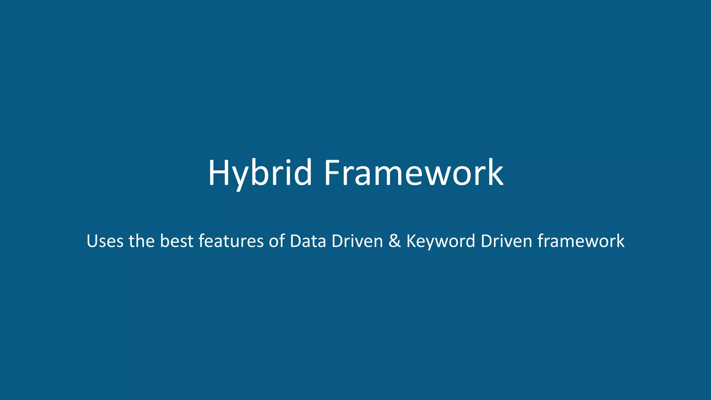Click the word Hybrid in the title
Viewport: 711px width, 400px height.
click(x=260, y=173)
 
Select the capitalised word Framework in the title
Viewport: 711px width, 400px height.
click(x=413, y=173)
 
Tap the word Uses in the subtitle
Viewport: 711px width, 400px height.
click(x=105, y=241)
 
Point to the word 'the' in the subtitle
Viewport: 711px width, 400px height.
click(x=142, y=241)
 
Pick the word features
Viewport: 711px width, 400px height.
click(x=231, y=241)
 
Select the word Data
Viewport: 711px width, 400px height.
click(x=308, y=241)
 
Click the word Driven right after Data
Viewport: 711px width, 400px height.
click(x=357, y=241)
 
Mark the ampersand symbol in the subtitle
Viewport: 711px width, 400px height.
click(x=395, y=241)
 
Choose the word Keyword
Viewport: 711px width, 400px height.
click(x=441, y=241)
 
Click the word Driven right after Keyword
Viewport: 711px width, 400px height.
click(x=506, y=241)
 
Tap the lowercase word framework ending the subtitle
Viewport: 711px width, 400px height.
click(x=581, y=241)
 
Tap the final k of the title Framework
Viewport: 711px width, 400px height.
click(x=496, y=173)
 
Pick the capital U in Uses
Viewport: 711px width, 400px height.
click(x=92, y=241)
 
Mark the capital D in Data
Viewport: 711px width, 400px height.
click(x=296, y=241)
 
